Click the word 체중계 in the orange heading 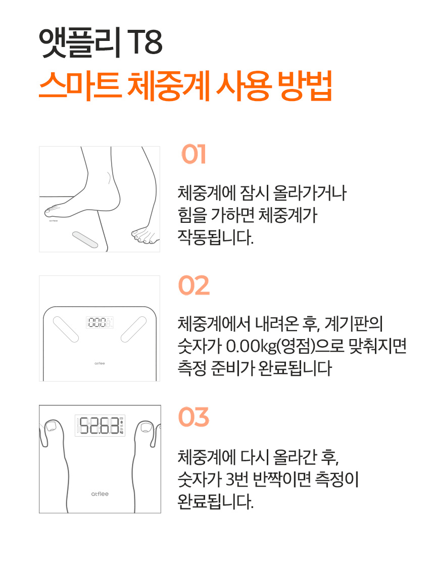[169, 86]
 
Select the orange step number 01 [194, 154]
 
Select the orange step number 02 [194, 286]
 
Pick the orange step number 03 [194, 417]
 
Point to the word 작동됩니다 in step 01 [216, 238]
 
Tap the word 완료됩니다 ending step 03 [216, 501]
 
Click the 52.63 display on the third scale [100, 426]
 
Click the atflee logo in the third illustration [100, 494]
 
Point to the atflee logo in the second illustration [100, 363]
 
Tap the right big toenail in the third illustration [146, 427]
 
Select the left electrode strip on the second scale [66, 329]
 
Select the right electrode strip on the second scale [133, 329]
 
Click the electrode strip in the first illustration [85, 240]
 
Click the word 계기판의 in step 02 [353, 323]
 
